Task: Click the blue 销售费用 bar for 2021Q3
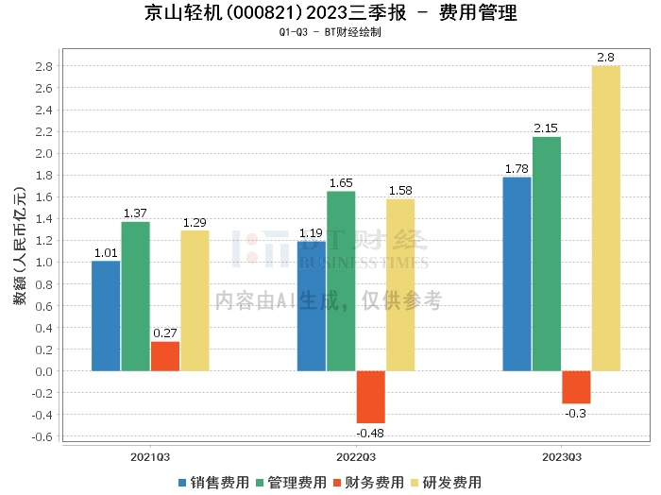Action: [x=106, y=316]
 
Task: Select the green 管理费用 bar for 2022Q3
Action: [x=341, y=282]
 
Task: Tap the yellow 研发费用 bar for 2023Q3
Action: [x=606, y=218]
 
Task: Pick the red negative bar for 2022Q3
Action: [x=371, y=397]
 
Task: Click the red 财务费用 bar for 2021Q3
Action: [x=165, y=356]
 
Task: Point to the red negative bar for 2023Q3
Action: [x=576, y=387]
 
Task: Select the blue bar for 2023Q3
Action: [x=517, y=274]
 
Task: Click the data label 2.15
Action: [x=546, y=128]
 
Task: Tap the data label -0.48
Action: [x=370, y=434]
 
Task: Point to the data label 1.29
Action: [x=195, y=223]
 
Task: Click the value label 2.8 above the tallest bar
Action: [x=606, y=58]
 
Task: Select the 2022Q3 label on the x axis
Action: [x=356, y=457]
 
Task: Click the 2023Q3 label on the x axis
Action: [x=562, y=457]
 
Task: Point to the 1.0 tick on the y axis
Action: [x=43, y=263]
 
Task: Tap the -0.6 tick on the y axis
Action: [x=42, y=436]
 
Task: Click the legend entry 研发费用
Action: [x=446, y=483]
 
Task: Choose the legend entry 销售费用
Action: [x=213, y=483]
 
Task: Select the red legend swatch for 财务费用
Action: [x=337, y=483]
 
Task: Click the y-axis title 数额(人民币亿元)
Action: [x=20, y=246]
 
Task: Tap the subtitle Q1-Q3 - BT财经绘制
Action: [x=330, y=32]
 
